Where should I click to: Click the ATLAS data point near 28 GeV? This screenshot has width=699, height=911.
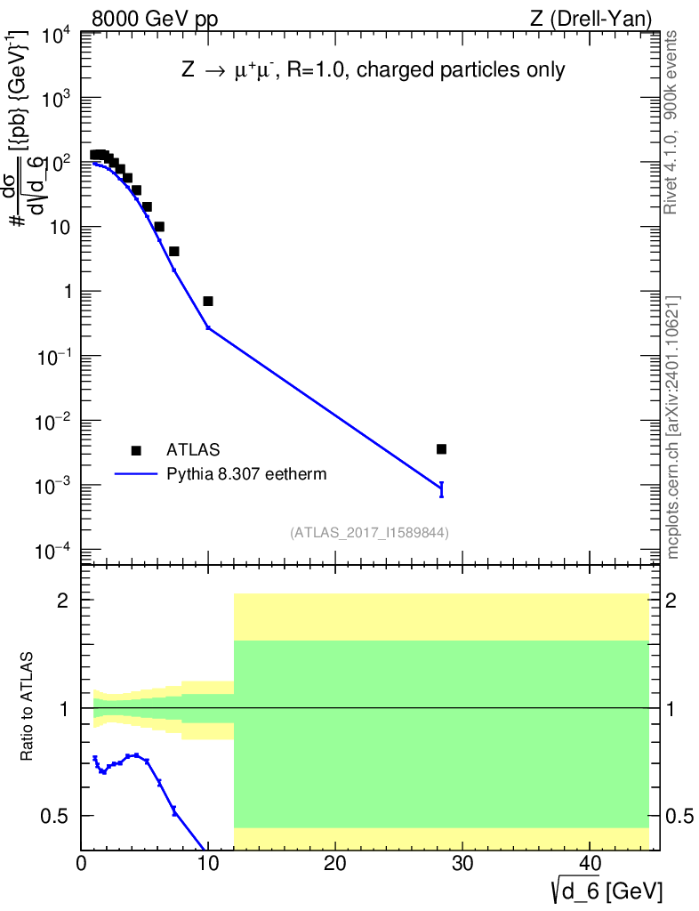pyautogui.click(x=441, y=449)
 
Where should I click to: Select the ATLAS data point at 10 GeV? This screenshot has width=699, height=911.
pyautogui.click(x=208, y=301)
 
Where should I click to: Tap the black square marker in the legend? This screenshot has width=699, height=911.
pyautogui.click(x=136, y=450)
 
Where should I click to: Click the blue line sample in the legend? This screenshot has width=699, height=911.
pyautogui.click(x=136, y=474)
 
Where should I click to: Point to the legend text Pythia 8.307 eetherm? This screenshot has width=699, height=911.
pyautogui.click(x=246, y=474)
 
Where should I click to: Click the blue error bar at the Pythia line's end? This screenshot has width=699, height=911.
pyautogui.click(x=441, y=489)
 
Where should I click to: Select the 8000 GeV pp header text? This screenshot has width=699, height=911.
pyautogui.click(x=155, y=20)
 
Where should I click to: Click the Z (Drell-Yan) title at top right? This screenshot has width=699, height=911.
pyautogui.click(x=591, y=20)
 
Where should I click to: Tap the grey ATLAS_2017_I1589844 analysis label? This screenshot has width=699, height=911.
pyautogui.click(x=369, y=533)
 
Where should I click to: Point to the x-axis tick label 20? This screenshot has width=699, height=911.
pyautogui.click(x=335, y=863)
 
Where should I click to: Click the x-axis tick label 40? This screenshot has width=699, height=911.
pyautogui.click(x=590, y=863)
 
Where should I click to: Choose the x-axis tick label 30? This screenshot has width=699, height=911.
pyautogui.click(x=462, y=863)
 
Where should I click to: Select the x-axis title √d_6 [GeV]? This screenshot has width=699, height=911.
pyautogui.click(x=607, y=890)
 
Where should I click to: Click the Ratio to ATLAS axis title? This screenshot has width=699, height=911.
pyautogui.click(x=27, y=706)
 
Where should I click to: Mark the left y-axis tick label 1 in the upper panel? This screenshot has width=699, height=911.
pyautogui.click(x=68, y=292)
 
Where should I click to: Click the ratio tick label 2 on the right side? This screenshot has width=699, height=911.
pyautogui.click(x=671, y=601)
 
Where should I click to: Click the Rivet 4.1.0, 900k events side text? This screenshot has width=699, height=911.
pyautogui.click(x=671, y=123)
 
